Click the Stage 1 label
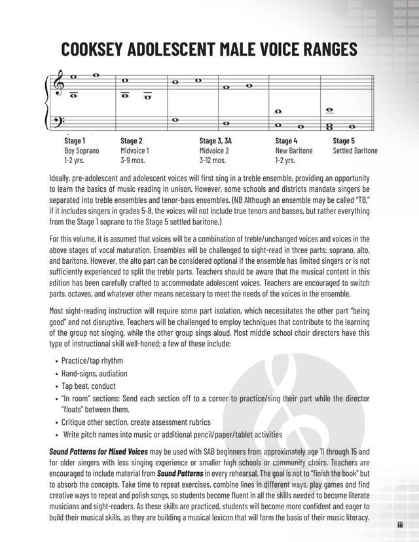[x=75, y=141]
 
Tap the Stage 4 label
[x=286, y=141]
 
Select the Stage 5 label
[x=344, y=141]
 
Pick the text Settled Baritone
[x=355, y=151]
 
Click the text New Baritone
[x=294, y=151]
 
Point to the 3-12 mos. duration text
[x=214, y=160]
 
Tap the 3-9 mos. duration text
[x=134, y=160]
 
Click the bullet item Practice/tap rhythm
[x=92, y=361]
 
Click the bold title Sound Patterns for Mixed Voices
[x=98, y=452]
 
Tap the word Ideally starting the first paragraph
[x=62, y=178]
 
